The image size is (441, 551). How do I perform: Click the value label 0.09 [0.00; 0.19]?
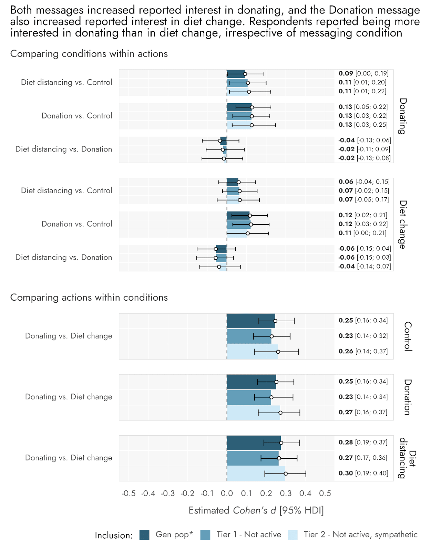tap(363, 73)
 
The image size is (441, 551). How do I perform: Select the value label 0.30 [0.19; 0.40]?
tap(363, 473)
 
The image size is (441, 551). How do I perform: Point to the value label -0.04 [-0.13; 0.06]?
tap(365, 140)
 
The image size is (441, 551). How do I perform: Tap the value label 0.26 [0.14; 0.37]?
tap(363, 351)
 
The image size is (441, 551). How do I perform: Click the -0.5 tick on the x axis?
tap(129, 493)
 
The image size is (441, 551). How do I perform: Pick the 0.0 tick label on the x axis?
tap(227, 493)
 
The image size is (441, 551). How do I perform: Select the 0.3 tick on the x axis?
tap(286, 493)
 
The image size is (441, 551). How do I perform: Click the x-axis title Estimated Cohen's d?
tap(256, 510)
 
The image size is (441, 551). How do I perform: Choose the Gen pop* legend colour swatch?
tap(144, 535)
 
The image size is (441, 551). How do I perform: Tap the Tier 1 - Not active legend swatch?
tap(205, 535)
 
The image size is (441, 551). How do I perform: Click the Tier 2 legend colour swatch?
tap(293, 535)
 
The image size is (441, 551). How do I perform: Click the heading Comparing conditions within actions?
tap(89, 54)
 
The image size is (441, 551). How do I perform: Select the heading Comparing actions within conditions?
tap(89, 298)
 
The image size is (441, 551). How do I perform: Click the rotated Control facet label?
tap(408, 336)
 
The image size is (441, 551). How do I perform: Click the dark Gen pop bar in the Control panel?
tap(251, 321)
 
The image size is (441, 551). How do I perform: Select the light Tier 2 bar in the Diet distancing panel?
tap(256, 474)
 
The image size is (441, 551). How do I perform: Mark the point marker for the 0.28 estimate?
tap(281, 443)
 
